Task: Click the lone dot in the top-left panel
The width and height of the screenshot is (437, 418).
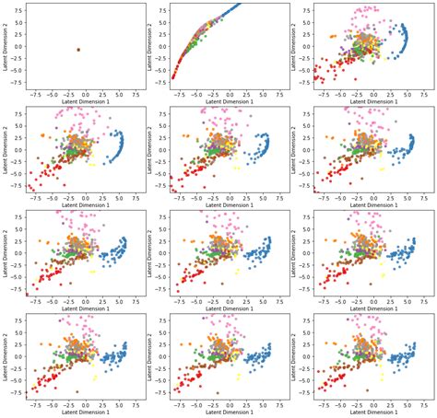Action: click(x=78, y=49)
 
